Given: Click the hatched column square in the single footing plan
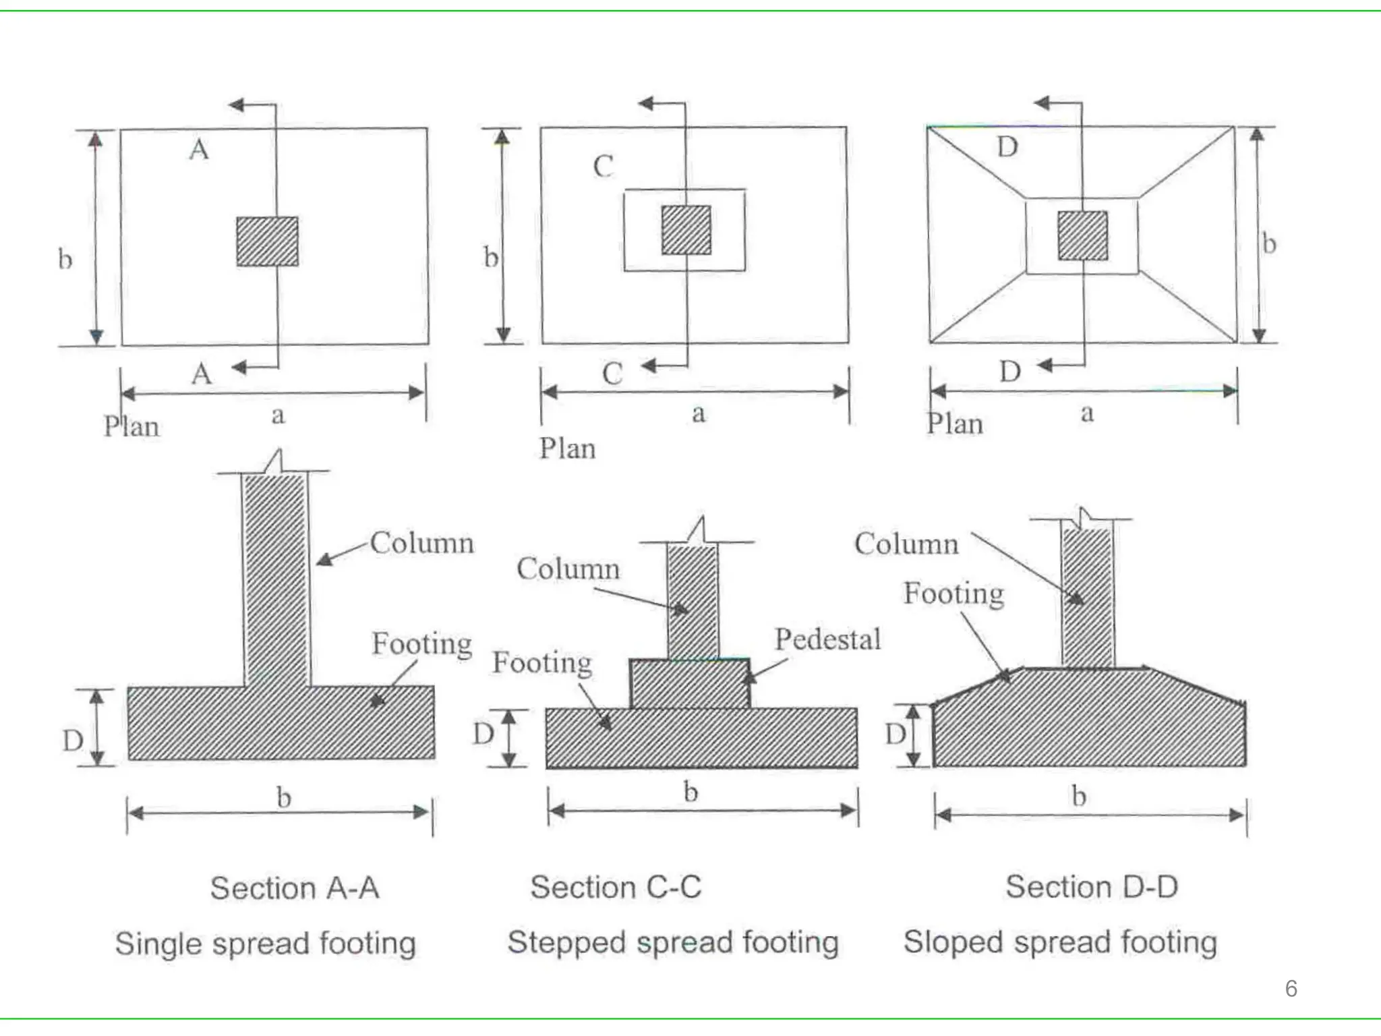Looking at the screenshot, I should click(x=267, y=241).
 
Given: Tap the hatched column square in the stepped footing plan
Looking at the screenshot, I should click(x=686, y=231).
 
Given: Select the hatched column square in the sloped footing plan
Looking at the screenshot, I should click(x=1082, y=235).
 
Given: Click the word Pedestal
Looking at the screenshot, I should click(x=827, y=639).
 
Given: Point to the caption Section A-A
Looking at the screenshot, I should click(x=295, y=888).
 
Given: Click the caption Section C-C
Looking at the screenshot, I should click(x=616, y=887).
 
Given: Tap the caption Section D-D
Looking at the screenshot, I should click(x=1092, y=887).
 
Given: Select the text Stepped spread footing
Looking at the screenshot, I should click(x=673, y=942).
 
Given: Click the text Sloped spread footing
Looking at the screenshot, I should click(x=1060, y=942).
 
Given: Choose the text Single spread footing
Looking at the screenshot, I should click(x=265, y=944).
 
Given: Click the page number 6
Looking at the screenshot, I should click(x=1291, y=988).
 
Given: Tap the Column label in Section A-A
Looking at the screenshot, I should click(x=422, y=543).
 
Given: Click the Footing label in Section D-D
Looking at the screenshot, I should click(x=953, y=594).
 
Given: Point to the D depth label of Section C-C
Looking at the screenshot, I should click(x=483, y=734).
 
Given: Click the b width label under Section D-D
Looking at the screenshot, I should click(x=1079, y=797).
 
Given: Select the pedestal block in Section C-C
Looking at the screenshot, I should click(x=689, y=684).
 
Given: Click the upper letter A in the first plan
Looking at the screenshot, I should click(x=199, y=150).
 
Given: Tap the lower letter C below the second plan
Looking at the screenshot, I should click(x=612, y=374).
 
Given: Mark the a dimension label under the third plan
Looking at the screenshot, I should click(x=1086, y=413).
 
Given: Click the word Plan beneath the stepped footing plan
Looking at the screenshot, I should click(x=567, y=449).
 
